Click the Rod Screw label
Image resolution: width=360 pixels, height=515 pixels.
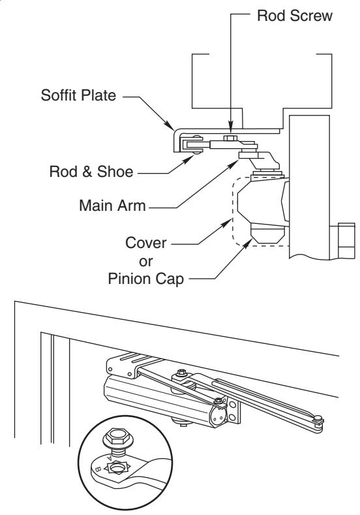click(x=294, y=16)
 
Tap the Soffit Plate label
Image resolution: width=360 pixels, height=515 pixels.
click(x=78, y=95)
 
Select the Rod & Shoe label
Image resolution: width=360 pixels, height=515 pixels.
click(x=91, y=172)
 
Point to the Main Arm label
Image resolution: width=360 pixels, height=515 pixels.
click(x=112, y=206)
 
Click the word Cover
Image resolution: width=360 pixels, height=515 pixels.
click(x=145, y=243)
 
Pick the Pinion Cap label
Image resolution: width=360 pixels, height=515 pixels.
click(x=145, y=279)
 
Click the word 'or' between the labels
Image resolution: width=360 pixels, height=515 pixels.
click(x=145, y=262)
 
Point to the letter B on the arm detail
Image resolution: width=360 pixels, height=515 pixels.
click(x=97, y=470)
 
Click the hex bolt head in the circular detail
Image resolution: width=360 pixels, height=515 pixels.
click(x=117, y=437)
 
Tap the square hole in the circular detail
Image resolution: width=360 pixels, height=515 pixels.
click(x=117, y=468)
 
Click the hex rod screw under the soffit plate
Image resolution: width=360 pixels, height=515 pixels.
click(x=230, y=138)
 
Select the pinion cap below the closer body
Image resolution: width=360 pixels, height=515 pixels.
click(x=267, y=234)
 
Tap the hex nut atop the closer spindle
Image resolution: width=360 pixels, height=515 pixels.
click(x=181, y=373)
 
